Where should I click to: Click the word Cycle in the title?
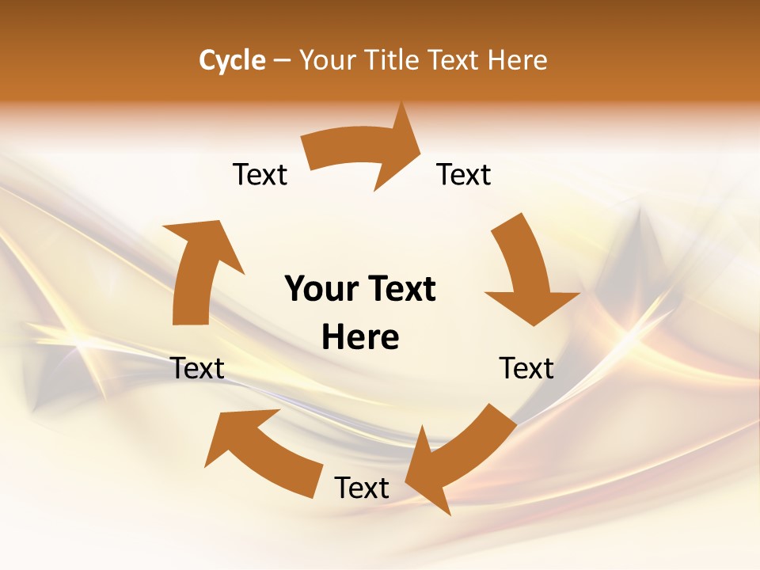point(232,60)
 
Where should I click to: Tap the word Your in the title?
point(327,60)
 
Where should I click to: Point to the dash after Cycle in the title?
point(282,61)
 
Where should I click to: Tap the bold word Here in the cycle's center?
point(360,338)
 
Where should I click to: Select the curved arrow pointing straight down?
point(526,269)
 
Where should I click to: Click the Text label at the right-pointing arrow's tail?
point(260,174)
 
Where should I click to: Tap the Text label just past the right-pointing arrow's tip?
point(464,174)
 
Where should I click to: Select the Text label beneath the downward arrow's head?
point(526,368)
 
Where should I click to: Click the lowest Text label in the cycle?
point(362,488)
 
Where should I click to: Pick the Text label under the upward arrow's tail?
point(198,368)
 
